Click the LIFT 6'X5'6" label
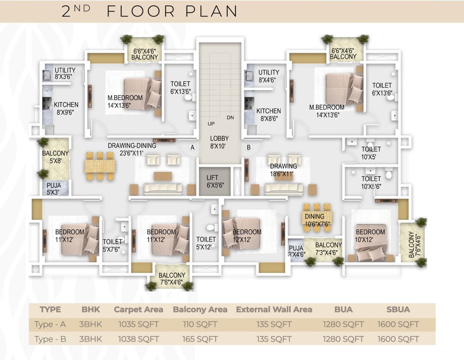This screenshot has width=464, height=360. (216, 182)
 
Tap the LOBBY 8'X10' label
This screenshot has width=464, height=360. (219, 142)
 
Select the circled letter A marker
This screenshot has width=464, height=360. (192, 147)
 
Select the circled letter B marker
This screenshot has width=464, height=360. (249, 147)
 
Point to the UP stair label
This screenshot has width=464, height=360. (211, 124)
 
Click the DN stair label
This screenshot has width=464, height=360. (230, 117)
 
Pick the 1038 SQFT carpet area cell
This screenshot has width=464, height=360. (138, 339)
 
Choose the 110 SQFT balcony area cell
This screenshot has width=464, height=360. (200, 324)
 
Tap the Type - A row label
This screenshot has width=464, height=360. (50, 324)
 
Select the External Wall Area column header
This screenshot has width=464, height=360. (274, 309)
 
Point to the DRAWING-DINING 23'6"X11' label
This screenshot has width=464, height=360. (132, 149)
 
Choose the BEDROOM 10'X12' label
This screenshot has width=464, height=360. (370, 236)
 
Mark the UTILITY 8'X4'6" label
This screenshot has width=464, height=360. (268, 76)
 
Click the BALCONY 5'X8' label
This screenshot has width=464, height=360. (55, 157)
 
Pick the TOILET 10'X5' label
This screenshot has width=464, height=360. (371, 153)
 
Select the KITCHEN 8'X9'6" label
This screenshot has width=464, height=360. (66, 108)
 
